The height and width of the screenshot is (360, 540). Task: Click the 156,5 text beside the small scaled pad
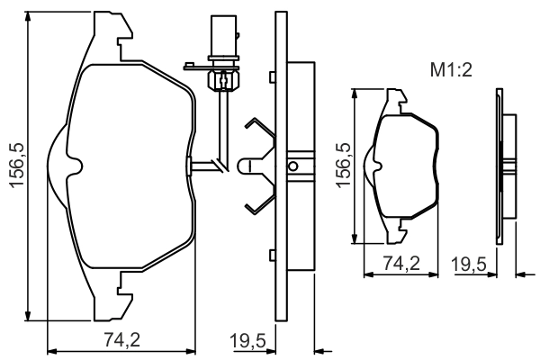343,165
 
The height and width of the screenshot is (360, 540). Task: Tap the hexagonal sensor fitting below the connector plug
219,80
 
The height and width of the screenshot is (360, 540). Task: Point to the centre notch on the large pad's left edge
76,166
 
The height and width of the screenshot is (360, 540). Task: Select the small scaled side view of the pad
506,165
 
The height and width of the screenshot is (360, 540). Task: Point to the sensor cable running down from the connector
219,126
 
